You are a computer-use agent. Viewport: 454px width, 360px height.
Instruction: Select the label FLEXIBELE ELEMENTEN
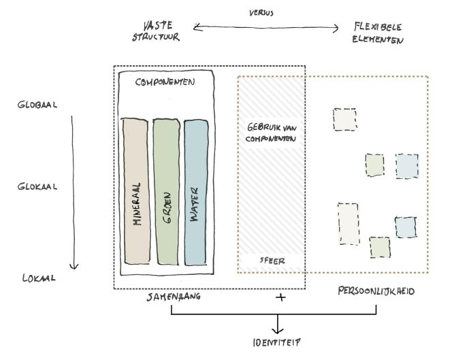(378, 33)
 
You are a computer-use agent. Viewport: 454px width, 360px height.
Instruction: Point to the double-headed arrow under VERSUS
(266, 28)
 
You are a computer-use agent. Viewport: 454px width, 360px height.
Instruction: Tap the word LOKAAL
(37, 278)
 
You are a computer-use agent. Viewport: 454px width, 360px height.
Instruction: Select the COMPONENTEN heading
(165, 82)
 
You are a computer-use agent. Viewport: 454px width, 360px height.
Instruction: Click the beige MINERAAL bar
(135, 191)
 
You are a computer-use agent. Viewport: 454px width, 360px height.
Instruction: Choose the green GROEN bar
(165, 191)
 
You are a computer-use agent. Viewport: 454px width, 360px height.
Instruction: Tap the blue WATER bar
(195, 191)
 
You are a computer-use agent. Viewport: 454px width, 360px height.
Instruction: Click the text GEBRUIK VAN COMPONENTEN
(270, 133)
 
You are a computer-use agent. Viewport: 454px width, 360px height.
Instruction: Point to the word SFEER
(272, 260)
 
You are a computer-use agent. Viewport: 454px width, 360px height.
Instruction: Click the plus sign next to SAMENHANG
(279, 298)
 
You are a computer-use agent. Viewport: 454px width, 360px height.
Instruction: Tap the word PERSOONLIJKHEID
(376, 291)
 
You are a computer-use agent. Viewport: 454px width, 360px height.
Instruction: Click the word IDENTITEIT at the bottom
(276, 342)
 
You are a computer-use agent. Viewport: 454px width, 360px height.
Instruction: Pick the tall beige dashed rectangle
(347, 223)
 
